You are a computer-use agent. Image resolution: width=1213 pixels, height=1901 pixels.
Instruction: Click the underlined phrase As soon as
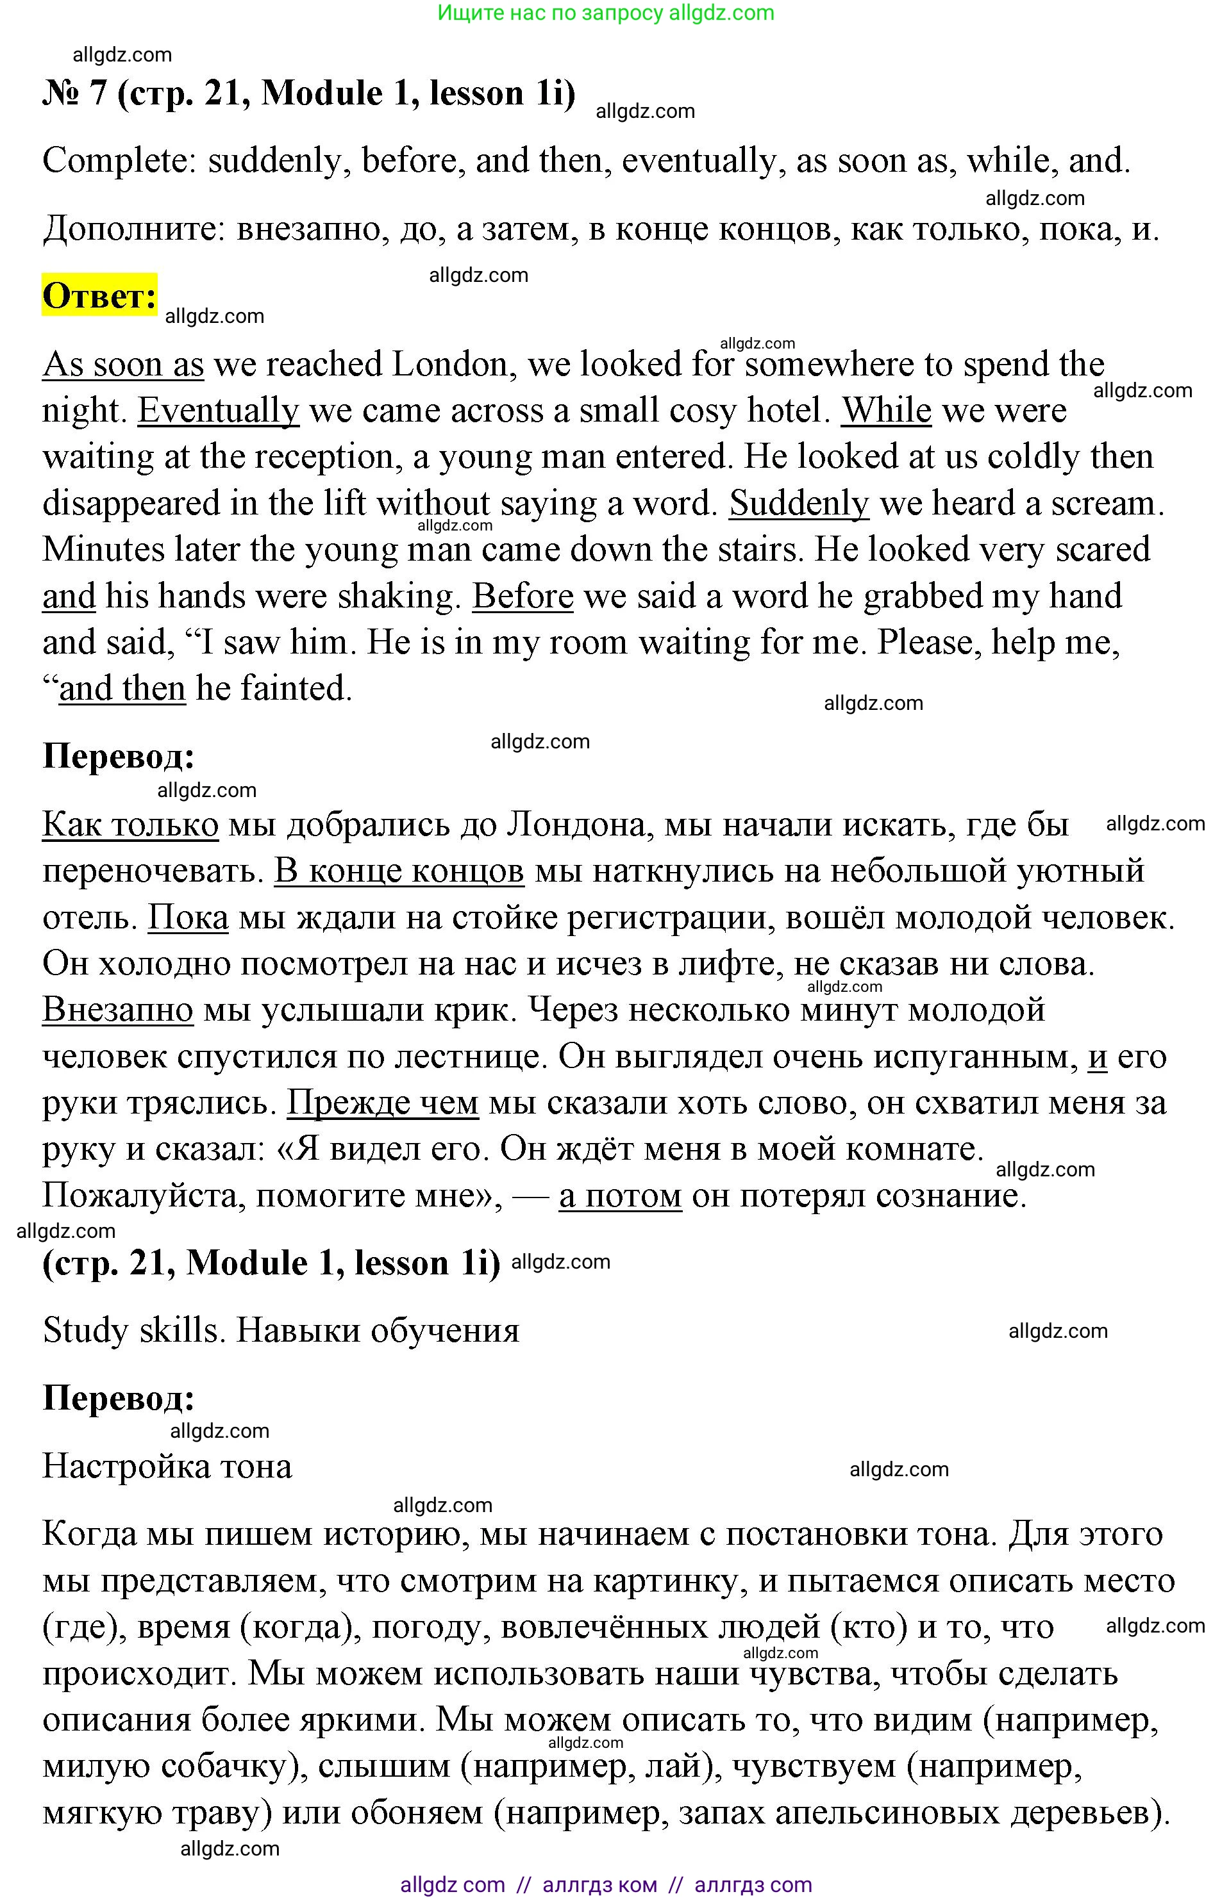[122, 365]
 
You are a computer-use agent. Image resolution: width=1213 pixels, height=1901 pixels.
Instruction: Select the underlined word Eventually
[218, 411]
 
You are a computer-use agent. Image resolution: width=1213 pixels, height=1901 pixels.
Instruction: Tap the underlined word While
[885, 411]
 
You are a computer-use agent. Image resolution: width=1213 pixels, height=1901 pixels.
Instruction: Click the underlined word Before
[522, 596]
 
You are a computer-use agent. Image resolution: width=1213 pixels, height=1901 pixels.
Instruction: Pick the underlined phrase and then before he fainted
[122, 688]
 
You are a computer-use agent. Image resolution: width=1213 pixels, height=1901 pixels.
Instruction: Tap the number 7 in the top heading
[97, 93]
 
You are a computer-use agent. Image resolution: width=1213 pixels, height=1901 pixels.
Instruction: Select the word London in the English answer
[449, 365]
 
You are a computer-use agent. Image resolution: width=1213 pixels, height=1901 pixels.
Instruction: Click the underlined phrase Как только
[130, 825]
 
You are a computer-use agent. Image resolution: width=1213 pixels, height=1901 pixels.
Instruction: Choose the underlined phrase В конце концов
[399, 871]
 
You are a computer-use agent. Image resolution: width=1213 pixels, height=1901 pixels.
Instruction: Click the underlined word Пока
[188, 918]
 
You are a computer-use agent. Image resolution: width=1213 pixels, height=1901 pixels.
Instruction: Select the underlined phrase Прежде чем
[382, 1103]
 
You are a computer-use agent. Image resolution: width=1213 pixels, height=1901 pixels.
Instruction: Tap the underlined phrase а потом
[620, 1196]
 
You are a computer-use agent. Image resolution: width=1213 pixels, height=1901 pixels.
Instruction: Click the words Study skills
[130, 1331]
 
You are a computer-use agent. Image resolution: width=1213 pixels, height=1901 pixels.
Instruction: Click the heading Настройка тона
[167, 1467]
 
